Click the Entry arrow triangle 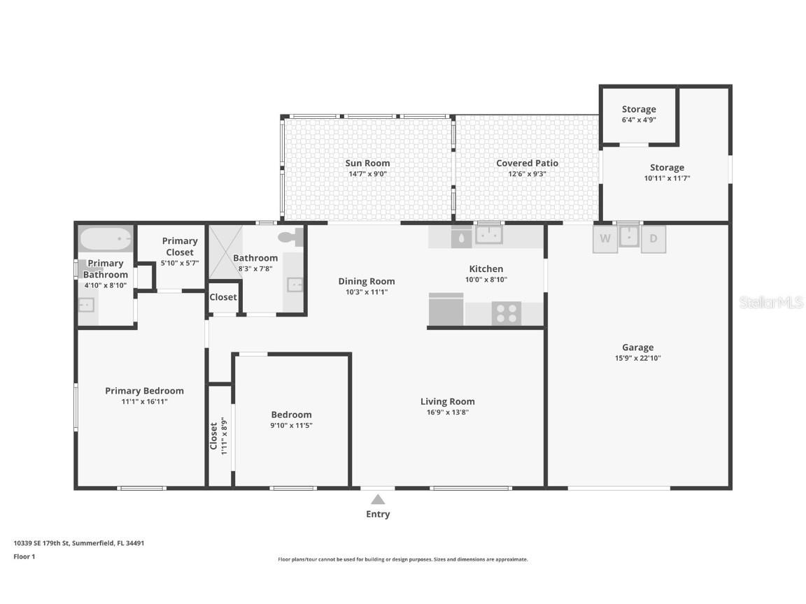coord(378,499)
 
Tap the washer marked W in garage coord(605,238)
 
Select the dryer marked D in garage coord(653,238)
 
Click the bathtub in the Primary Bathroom coord(106,239)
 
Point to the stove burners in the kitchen coord(507,313)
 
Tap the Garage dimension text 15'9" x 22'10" coord(637,359)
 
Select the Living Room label coord(447,401)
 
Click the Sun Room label coord(367,163)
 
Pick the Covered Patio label coord(527,163)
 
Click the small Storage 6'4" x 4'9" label coord(639,109)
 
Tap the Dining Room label coord(367,281)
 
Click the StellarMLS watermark coord(771,302)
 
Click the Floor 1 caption coord(24,556)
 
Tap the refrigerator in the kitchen coord(446,310)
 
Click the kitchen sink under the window coord(488,235)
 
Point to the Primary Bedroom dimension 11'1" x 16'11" coord(144,401)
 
